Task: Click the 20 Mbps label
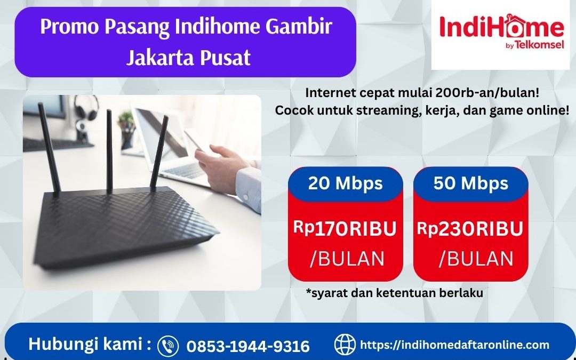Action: click(345, 183)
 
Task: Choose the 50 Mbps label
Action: click(470, 183)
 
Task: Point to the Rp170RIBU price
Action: click(345, 229)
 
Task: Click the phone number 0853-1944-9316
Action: click(248, 346)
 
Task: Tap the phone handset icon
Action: click(168, 345)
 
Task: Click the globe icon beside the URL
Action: click(345, 345)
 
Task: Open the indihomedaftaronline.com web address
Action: click(455, 345)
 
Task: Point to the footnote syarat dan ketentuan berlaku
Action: click(395, 293)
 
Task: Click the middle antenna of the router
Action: click(109, 149)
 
